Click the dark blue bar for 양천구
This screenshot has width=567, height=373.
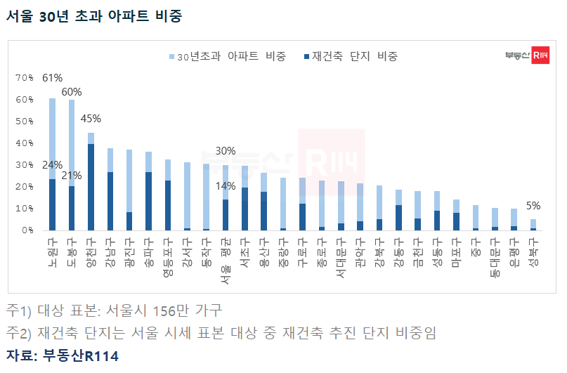[x=91, y=187]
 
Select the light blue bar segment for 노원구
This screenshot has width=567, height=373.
[x=53, y=139]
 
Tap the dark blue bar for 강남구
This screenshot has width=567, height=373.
[x=110, y=201]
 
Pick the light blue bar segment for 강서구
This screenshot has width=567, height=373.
[x=187, y=195]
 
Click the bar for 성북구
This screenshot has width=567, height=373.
[x=533, y=225]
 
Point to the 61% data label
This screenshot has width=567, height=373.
[x=53, y=78]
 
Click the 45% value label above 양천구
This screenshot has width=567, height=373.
[x=91, y=119]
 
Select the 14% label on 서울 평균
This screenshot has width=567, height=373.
[x=226, y=186]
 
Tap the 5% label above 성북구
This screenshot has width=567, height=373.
[x=533, y=206]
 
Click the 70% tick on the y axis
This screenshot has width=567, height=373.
[x=24, y=78]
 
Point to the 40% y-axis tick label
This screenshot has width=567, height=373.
[x=24, y=143]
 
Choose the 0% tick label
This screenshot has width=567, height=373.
[x=27, y=230]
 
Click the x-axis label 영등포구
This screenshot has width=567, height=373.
[x=168, y=257]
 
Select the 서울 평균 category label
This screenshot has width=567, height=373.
[x=226, y=261]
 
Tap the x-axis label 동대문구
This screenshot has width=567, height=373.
[x=495, y=257]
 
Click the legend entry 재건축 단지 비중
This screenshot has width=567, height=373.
[x=351, y=56]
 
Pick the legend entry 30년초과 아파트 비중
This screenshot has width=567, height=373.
[x=228, y=56]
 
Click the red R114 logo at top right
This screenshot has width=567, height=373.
[x=540, y=55]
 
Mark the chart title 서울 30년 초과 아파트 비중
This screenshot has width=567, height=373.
[x=94, y=16]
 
